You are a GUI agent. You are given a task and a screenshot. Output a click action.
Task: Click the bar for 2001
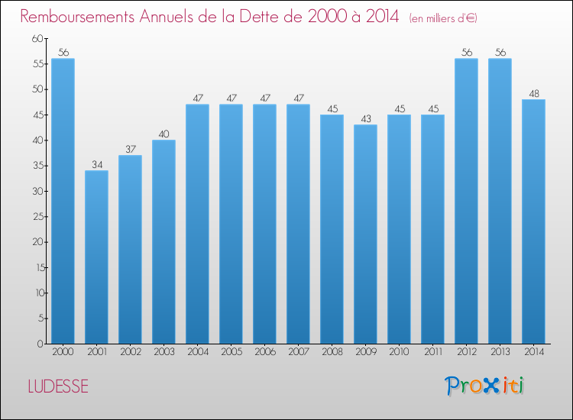96,257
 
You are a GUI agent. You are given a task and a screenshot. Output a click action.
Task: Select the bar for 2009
365,234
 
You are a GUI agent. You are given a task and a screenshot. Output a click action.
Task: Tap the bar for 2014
533,221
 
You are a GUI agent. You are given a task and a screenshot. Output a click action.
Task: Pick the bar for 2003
163,241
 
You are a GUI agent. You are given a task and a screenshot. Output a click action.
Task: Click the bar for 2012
466,201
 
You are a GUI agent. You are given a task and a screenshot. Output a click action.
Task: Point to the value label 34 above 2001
96,165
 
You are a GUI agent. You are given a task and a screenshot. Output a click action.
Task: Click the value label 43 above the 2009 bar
365,119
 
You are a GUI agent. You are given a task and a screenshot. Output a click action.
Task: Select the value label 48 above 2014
533,94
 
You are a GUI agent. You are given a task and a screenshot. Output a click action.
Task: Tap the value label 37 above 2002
130,150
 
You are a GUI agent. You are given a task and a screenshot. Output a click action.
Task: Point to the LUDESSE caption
58,386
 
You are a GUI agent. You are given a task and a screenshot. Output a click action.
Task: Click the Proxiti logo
484,386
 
